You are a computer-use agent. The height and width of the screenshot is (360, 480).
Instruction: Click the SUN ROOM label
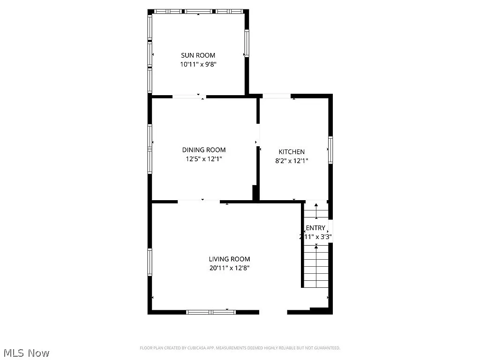pyautogui.click(x=198, y=55)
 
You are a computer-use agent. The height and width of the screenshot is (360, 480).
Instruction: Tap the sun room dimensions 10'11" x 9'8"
pyautogui.click(x=198, y=65)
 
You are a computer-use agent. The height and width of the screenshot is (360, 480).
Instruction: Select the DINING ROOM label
pyautogui.click(x=203, y=150)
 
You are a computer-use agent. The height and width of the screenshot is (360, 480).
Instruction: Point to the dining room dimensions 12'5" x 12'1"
pyautogui.click(x=203, y=159)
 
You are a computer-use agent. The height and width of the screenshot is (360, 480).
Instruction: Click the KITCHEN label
pyautogui.click(x=292, y=152)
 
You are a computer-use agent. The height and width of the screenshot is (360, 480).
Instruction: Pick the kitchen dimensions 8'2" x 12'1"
pyautogui.click(x=292, y=161)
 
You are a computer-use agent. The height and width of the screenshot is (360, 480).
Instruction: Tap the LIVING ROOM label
pyautogui.click(x=229, y=259)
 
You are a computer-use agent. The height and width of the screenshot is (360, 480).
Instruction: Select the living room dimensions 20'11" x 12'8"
pyautogui.click(x=229, y=268)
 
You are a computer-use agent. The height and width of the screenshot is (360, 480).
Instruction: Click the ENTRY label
pyautogui.click(x=315, y=228)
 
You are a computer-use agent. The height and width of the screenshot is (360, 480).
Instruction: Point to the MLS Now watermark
pyautogui.click(x=26, y=352)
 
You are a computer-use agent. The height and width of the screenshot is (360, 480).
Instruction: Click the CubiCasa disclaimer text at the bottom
pyautogui.click(x=240, y=348)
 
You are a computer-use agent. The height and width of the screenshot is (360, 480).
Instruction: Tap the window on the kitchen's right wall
pyautogui.click(x=330, y=150)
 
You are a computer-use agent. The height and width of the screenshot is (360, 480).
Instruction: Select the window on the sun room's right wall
pyautogui.click(x=246, y=43)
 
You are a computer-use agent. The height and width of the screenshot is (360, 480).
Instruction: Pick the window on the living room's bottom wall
pyautogui.click(x=210, y=312)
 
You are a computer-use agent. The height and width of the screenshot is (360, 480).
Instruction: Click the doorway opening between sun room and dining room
pyautogui.click(x=189, y=97)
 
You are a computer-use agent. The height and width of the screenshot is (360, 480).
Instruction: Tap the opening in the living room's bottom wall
pyautogui.click(x=273, y=312)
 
